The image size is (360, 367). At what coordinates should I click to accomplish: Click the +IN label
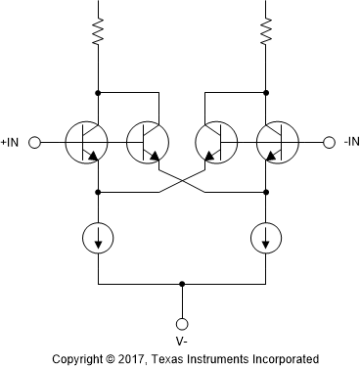[11, 143]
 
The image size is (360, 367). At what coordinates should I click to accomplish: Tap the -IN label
[351, 143]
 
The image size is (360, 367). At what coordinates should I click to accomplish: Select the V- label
[181, 342]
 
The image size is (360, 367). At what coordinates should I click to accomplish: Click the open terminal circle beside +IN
[35, 143]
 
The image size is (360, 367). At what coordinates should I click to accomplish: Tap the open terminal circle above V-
[181, 323]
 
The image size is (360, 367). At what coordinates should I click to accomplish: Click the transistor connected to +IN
[86, 143]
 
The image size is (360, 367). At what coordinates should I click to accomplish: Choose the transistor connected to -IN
[277, 143]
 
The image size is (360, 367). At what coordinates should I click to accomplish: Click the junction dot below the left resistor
[98, 93]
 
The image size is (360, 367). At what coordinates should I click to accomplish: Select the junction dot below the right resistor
[265, 93]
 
